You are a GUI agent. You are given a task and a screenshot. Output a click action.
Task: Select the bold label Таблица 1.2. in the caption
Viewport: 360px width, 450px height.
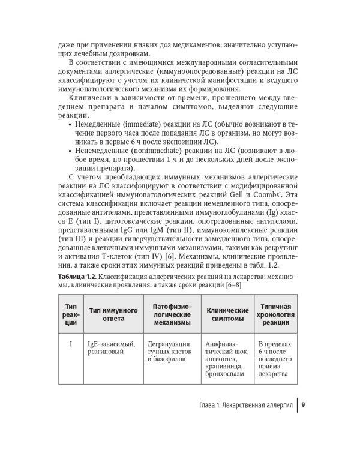77,274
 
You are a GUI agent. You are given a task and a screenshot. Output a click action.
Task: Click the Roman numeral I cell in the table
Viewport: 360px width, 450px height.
71,344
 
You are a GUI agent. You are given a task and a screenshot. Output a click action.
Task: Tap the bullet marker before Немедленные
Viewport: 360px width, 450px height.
73,124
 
